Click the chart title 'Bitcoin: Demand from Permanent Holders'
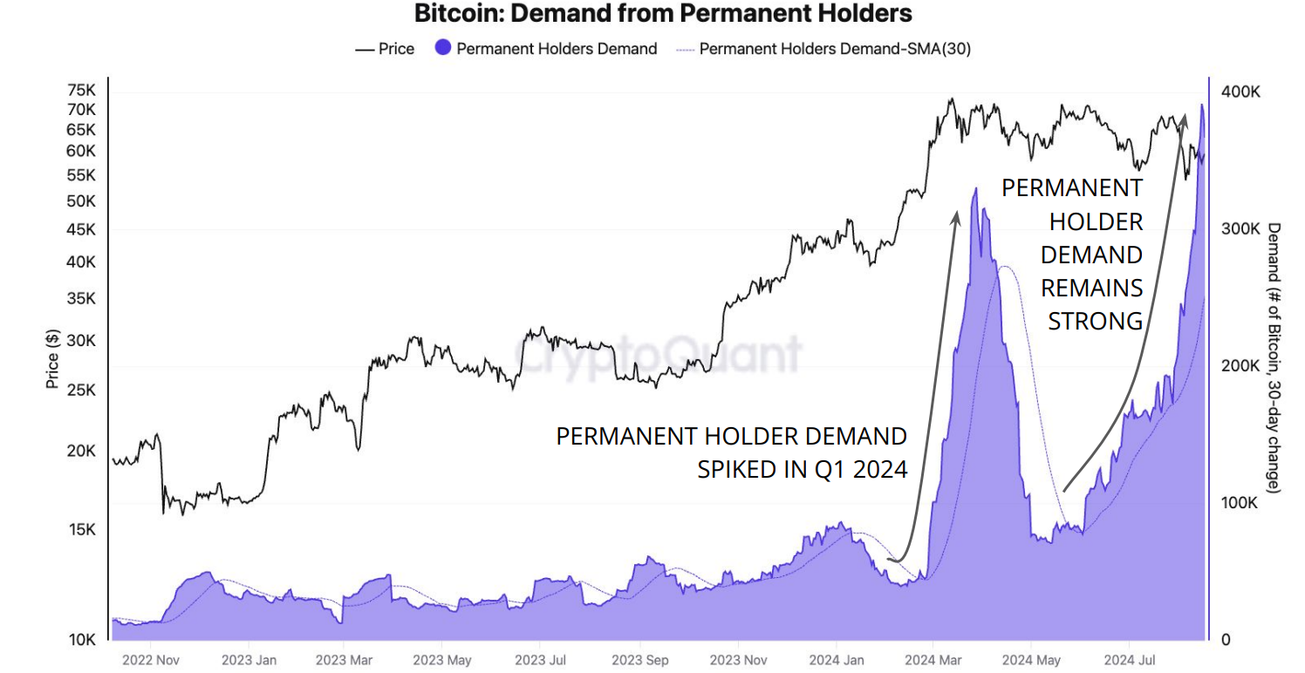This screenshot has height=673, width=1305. pyautogui.click(x=663, y=14)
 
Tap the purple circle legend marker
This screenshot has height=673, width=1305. pyautogui.click(x=443, y=49)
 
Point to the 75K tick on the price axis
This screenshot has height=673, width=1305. pyautogui.click(x=81, y=91)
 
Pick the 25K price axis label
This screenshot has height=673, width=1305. pyautogui.click(x=81, y=390)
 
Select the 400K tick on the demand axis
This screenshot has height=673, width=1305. pyautogui.click(x=1241, y=92)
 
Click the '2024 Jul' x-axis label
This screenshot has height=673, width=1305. pyautogui.click(x=1130, y=660)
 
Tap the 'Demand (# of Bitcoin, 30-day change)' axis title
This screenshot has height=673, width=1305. pyautogui.click(x=1274, y=358)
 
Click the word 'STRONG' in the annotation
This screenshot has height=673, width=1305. pyautogui.click(x=1095, y=321)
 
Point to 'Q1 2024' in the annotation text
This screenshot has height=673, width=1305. pyautogui.click(x=863, y=470)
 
